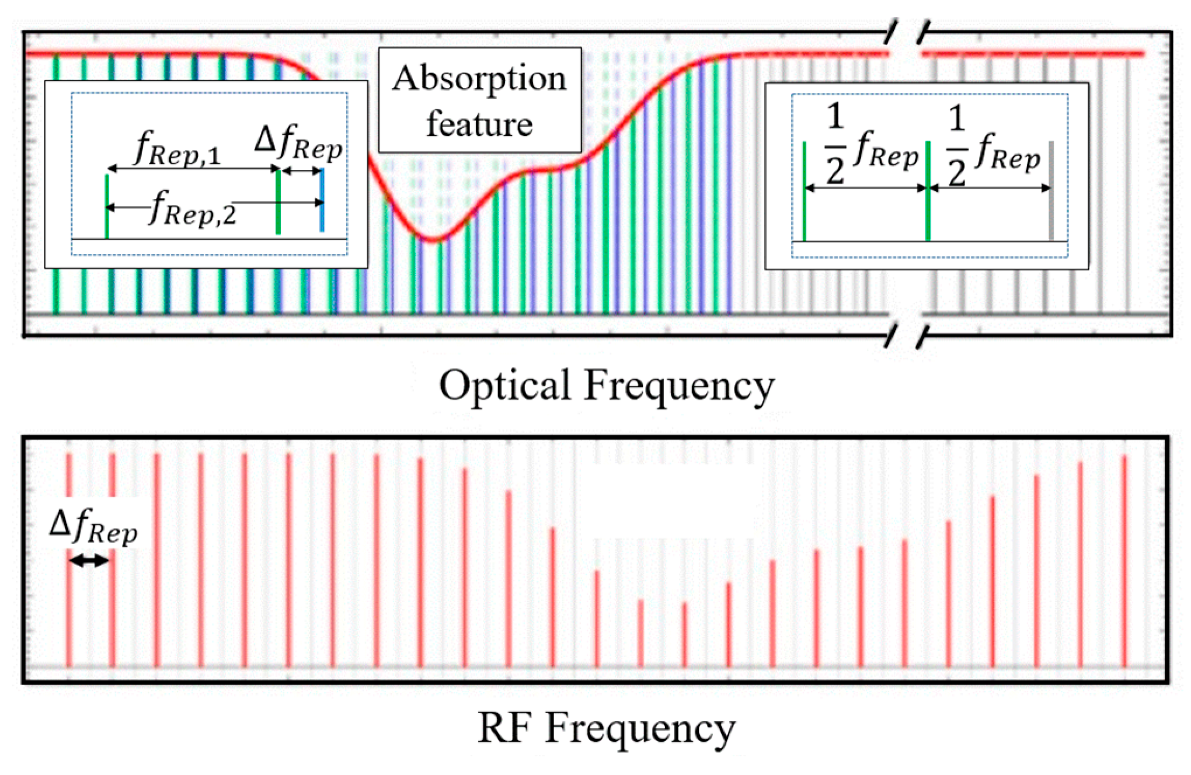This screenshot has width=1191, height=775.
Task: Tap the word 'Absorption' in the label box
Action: (479, 79)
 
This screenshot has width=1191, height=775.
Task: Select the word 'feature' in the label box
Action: (479, 124)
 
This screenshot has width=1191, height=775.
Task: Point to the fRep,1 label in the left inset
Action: (177, 148)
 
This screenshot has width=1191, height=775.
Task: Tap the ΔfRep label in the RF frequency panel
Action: (93, 526)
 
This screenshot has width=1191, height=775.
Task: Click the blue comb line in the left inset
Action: (322, 200)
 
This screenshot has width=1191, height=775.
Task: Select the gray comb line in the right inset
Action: (1051, 190)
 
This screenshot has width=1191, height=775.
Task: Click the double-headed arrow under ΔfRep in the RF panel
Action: (89, 561)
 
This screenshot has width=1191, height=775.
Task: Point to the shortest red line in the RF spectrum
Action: (640, 633)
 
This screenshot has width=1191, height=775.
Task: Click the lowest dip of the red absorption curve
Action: (433, 239)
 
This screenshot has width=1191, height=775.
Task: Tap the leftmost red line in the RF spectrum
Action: (68, 560)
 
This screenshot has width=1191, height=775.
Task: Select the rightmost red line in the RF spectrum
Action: (1124, 560)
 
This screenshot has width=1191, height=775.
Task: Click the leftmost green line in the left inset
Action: (107, 207)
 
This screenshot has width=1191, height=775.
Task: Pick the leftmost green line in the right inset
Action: (805, 191)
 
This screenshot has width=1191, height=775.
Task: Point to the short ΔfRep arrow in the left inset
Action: (301, 171)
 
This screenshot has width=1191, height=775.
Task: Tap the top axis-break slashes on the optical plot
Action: (907, 32)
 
